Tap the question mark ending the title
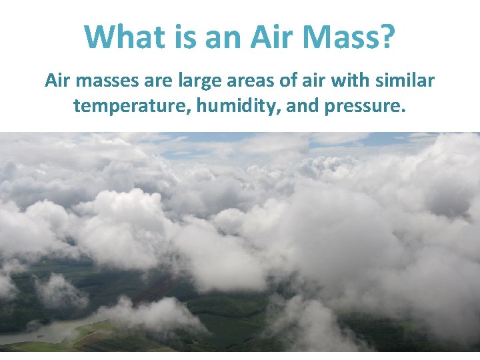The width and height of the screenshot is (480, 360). pos(386,37)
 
